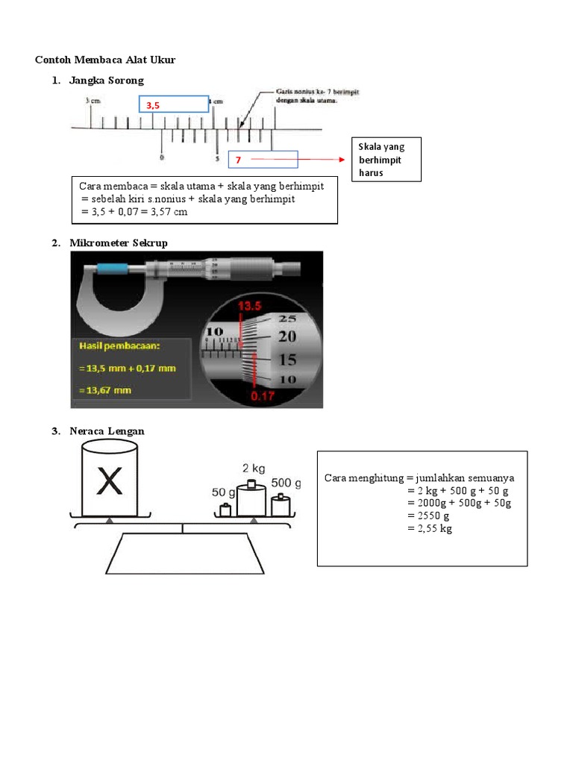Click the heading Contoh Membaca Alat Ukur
pos(105,60)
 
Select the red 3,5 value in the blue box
pos(153,106)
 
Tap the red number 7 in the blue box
pos(238,160)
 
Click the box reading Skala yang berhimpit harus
pos(385,160)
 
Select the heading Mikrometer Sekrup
pos(119,243)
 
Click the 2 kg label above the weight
pos(253,468)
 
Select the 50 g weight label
pos(224,492)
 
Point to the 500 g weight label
pos(286,483)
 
